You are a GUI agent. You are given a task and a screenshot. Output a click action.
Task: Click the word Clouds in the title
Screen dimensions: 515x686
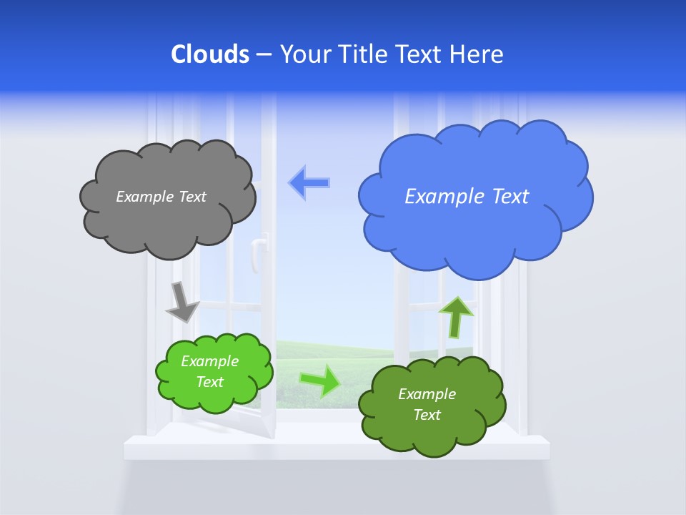210,54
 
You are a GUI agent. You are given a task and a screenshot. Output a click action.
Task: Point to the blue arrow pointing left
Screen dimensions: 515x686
309,182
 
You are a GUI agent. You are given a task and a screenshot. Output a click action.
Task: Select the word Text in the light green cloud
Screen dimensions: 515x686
209,382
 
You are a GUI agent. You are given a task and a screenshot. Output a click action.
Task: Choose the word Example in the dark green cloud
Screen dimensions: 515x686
427,394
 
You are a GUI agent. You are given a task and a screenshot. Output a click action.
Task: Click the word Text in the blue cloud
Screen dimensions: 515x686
507,197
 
